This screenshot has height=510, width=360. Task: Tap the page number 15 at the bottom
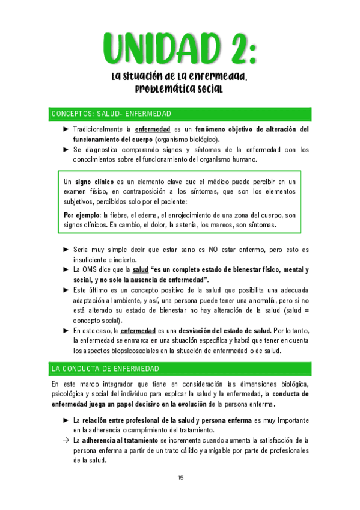tap(180, 478)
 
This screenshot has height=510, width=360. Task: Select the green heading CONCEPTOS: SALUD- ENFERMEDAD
tap(112, 114)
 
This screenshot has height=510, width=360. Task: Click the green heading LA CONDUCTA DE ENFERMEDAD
tap(105, 368)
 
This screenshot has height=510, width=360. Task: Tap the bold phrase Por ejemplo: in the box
tap(82, 215)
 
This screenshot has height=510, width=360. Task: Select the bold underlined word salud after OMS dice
tap(140, 269)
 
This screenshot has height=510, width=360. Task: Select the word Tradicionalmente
tap(99, 129)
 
